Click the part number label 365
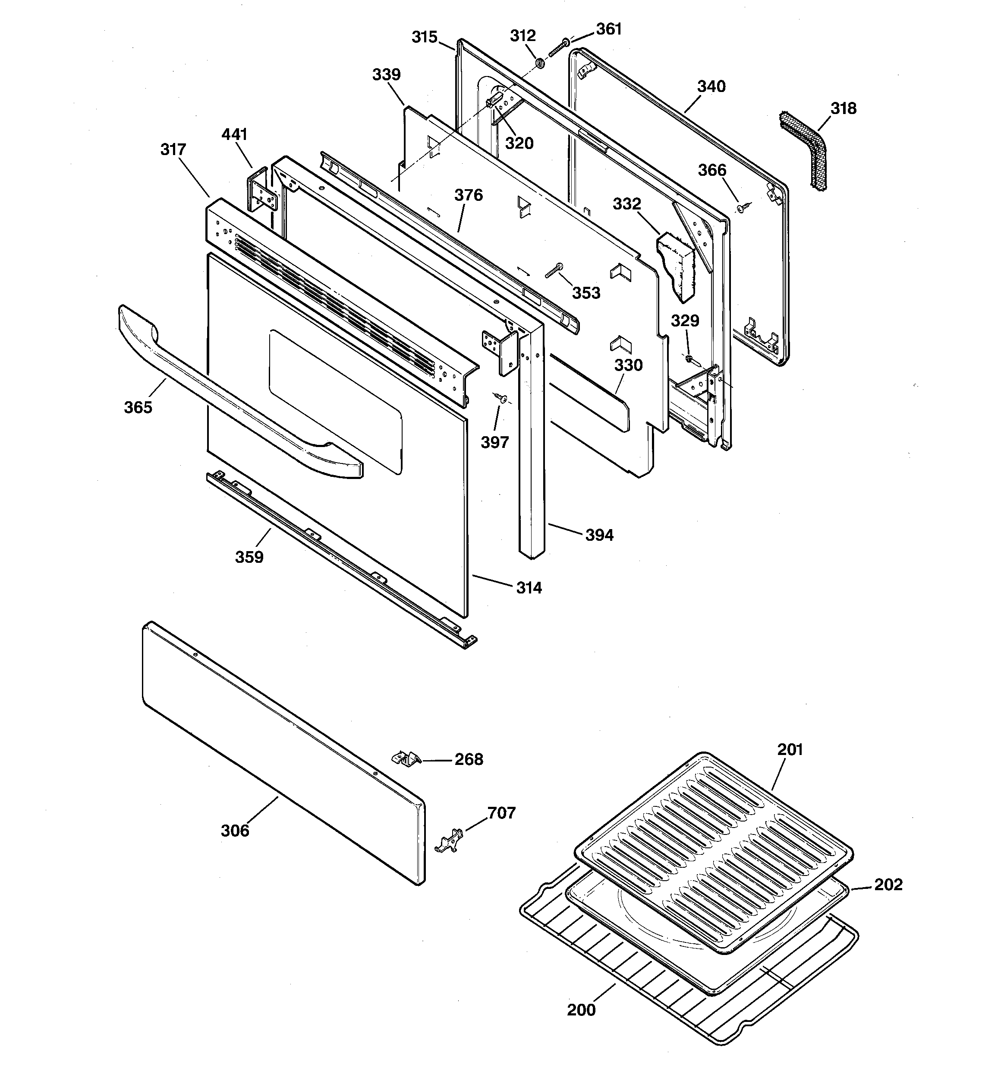coord(138,408)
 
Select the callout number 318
coord(843,108)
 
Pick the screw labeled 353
coord(554,270)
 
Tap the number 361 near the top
coord(609,29)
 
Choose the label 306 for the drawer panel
coord(235,831)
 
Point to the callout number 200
coord(581,1010)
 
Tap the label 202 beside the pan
coord(888,885)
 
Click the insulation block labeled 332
coord(677,263)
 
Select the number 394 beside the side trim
coord(599,535)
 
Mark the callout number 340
coord(711,86)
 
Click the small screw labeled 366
coord(742,207)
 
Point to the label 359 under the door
coord(249,557)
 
